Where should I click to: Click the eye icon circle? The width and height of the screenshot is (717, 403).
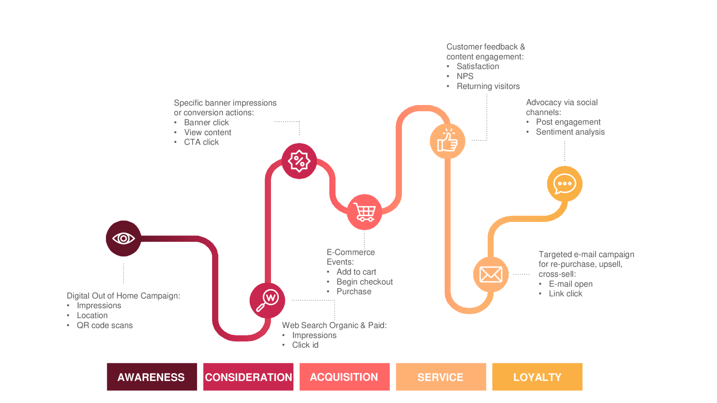coord(124,238)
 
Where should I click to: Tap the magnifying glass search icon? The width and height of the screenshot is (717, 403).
coord(267,301)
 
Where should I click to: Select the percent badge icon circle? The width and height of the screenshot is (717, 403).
coord(299,161)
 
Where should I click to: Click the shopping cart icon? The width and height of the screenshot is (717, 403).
coord(364,212)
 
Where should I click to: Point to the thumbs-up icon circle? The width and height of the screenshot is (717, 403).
coord(447,141)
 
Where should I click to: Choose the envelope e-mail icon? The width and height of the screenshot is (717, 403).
coord(491,275)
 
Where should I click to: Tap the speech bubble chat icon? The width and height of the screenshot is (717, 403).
coord(565,184)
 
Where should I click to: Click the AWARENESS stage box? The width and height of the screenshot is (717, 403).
coord(152,377)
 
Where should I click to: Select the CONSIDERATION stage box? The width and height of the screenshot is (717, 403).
coord(248,377)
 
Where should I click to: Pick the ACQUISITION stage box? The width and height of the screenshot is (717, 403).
coord(344,377)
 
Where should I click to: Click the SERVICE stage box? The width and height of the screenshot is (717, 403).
coord(441,377)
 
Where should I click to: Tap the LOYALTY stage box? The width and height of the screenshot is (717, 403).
coord(537,377)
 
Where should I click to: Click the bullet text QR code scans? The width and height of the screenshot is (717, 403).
coord(105,325)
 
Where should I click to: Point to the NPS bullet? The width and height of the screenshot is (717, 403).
coord(465,76)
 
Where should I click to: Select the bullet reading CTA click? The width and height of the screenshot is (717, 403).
coord(201,142)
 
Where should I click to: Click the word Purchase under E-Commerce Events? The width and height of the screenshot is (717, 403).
coord(354,291)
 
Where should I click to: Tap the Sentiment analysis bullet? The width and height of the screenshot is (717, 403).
coord(570,132)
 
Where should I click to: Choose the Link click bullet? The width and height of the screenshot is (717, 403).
coord(565,294)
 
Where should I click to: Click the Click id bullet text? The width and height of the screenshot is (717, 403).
coord(305,345)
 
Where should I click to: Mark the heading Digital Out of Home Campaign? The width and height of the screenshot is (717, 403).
coord(123,296)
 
